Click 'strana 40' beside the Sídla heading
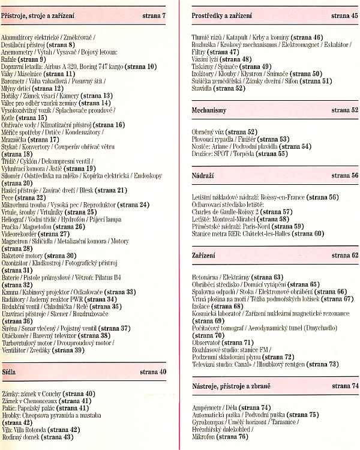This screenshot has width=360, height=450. [x=153, y=372]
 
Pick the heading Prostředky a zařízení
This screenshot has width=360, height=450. [x=222, y=14]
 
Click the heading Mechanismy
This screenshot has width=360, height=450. [x=209, y=110]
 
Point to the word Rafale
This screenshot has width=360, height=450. [x=10, y=59]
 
